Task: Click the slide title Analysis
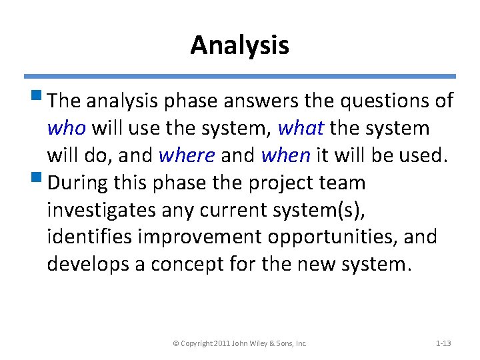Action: coord(239,45)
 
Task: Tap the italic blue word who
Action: coord(66,127)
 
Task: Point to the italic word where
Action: coord(187,155)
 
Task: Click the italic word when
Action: coord(285,155)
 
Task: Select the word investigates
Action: coord(101,210)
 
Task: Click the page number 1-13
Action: coord(443,343)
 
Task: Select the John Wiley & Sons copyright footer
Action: coord(239,343)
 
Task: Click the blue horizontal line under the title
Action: coord(239,77)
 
